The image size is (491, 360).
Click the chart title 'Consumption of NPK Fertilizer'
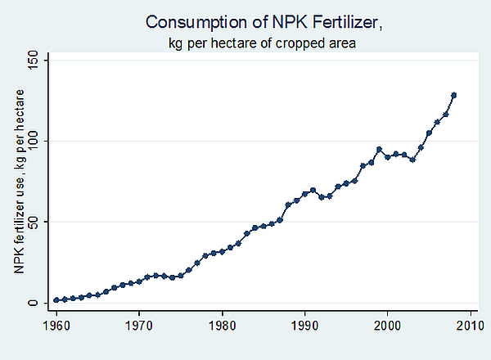251,21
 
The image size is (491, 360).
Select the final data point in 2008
453,95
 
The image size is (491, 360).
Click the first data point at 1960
56,300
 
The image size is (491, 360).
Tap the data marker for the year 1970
139,281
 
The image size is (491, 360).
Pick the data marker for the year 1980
222,252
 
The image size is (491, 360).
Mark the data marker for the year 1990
304,194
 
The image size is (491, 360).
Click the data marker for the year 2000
387,156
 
